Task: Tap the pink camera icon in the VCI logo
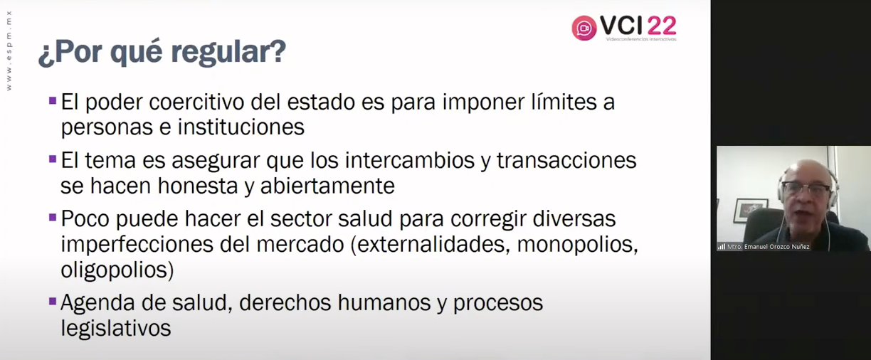pos(584,28)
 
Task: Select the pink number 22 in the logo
pos(662,26)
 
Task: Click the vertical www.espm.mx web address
pos(9,51)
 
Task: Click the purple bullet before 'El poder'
pos(53,101)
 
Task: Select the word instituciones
pos(241,127)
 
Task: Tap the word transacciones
pos(566,160)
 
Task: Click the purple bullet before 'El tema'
pos(53,159)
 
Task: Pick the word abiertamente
pos(327,186)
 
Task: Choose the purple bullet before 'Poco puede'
pos(53,217)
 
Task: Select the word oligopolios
pos(117,270)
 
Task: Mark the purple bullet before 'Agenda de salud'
pos(53,301)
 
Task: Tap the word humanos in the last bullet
pos(384,303)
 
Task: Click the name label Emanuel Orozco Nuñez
pos(769,247)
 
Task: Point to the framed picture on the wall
pos(750,211)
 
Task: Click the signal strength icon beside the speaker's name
pos(722,247)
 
